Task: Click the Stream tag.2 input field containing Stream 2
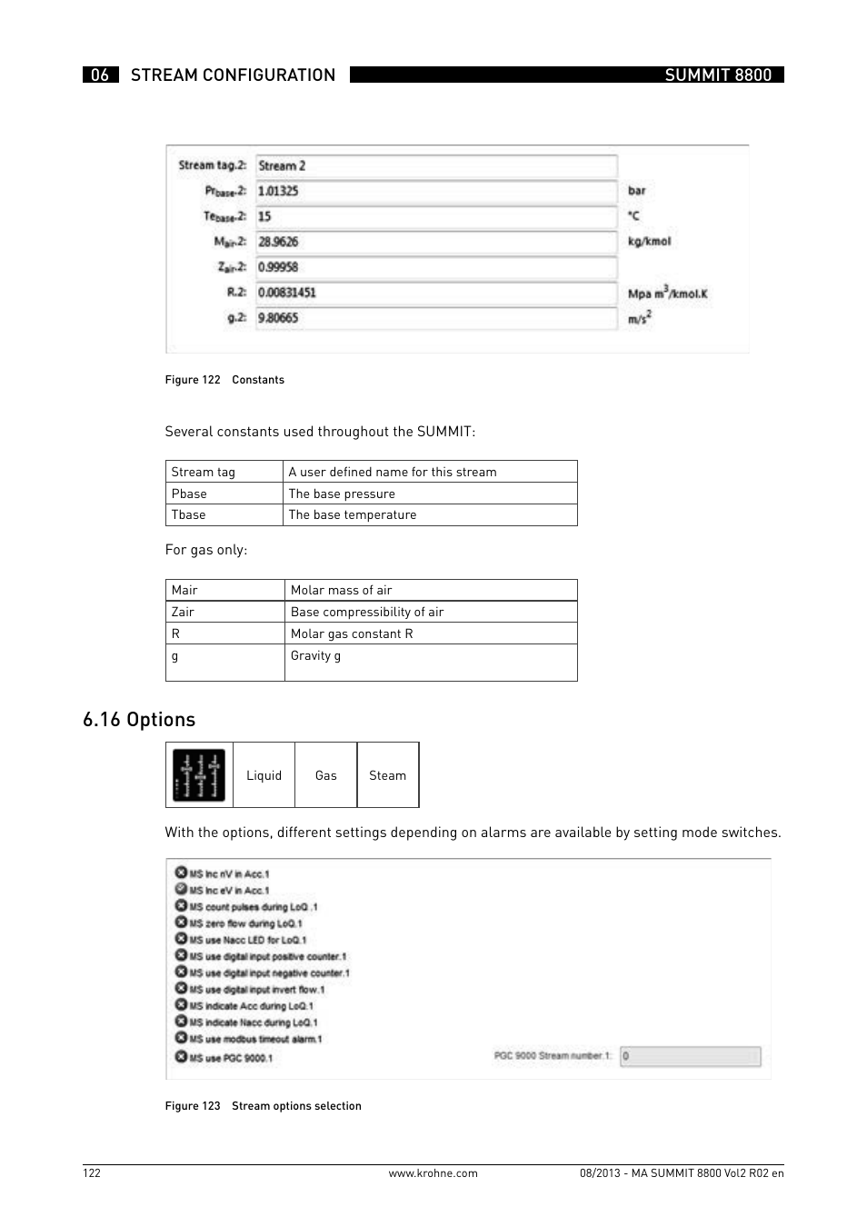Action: coord(436,165)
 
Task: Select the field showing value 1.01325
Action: coord(436,191)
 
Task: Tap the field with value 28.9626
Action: coord(436,242)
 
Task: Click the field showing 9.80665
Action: coord(436,318)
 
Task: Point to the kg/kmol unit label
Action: coord(649,242)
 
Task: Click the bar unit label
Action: coord(636,191)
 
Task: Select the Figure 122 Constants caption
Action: coord(224,380)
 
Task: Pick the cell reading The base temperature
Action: coord(353,514)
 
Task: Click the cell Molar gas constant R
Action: coord(352,633)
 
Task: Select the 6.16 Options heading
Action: coord(139,720)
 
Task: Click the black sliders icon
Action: coord(199,775)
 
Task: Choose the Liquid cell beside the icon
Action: coord(264,775)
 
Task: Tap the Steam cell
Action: coord(387,775)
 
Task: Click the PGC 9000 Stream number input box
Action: coord(690,1056)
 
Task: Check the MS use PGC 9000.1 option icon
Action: coord(181,1057)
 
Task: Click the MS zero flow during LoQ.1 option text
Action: coord(245,923)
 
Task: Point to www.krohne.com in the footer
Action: coord(433,1173)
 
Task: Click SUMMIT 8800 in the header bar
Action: coord(718,75)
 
